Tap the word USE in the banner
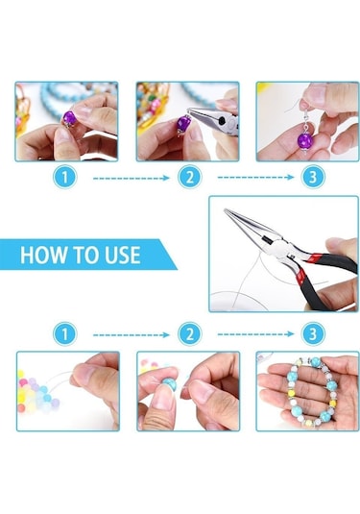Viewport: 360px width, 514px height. tap(123, 255)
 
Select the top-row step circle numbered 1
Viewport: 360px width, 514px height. tap(64, 177)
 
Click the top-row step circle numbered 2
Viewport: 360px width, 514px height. tap(190, 177)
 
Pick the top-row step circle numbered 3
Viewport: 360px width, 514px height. tap(313, 177)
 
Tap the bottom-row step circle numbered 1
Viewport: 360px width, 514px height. tap(64, 334)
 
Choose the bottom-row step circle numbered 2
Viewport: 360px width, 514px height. tap(190, 334)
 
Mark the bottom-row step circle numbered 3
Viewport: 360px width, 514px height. tap(313, 334)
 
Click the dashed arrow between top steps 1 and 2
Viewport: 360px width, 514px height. tap(131, 179)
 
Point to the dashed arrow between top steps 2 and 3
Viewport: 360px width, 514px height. tap(255, 178)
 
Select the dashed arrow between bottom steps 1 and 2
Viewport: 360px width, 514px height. tap(131, 335)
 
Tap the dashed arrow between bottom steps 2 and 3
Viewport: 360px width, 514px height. tap(255, 334)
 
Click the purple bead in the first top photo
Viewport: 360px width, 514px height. tap(70, 117)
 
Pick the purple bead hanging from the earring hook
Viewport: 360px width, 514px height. tap(304, 140)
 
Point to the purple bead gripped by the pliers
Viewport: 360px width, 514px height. tap(182, 124)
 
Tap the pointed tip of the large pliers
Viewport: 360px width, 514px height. tap(226, 210)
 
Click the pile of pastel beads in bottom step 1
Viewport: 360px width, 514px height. tap(36, 392)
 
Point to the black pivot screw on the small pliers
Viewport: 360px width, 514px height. tap(223, 120)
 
